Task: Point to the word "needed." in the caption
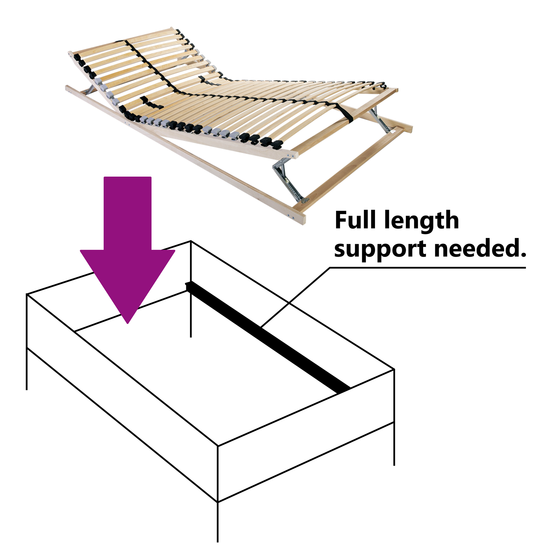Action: pos(480,248)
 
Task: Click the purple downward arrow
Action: pos(128,250)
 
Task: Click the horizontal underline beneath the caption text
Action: pos(428,268)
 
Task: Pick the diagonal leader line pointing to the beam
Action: pos(295,297)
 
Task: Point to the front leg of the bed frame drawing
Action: pos(217,522)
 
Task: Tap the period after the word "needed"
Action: pos(523,255)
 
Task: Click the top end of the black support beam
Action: pos(188,285)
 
